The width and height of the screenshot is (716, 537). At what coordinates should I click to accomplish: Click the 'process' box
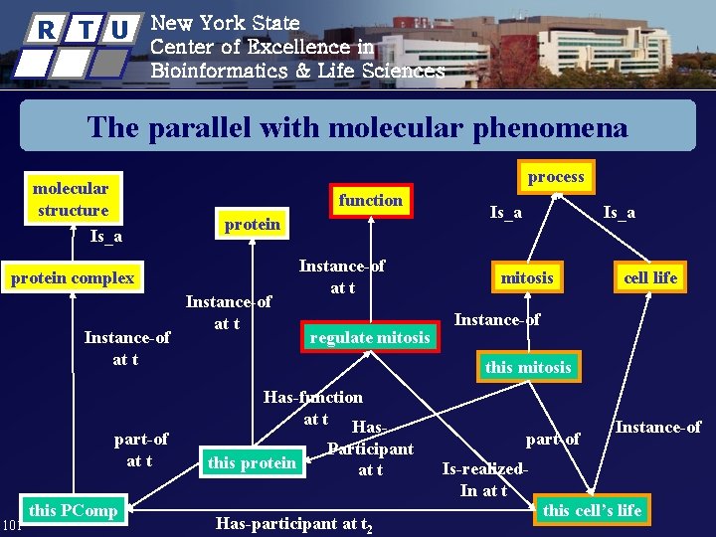point(557,177)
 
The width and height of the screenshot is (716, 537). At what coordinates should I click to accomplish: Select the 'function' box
point(370,200)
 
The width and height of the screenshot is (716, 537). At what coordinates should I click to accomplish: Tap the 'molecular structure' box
point(71,199)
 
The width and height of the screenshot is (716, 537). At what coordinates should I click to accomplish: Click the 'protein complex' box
point(73,277)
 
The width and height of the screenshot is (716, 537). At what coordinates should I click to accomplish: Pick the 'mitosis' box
point(527,277)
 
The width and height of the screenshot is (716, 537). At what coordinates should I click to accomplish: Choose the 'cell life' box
point(650,277)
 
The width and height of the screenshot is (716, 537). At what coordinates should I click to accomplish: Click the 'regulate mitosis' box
point(370,337)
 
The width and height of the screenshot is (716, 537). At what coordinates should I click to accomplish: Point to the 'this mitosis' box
point(528,367)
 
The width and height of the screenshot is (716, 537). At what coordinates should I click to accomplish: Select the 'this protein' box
point(252,462)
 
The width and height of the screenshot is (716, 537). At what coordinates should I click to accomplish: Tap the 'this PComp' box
point(73,510)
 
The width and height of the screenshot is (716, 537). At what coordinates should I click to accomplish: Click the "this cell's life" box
point(592,510)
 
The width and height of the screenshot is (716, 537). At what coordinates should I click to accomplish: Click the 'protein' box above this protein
point(253,224)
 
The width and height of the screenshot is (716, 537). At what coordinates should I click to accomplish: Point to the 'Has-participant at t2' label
point(294,524)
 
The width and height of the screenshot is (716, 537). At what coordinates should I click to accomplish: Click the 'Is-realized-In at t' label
point(484,479)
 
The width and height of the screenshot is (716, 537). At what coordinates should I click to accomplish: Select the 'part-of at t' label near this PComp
point(140,449)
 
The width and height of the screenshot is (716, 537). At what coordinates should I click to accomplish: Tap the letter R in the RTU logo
point(46,30)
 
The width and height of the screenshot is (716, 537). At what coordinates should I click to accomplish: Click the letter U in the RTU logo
point(117,30)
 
